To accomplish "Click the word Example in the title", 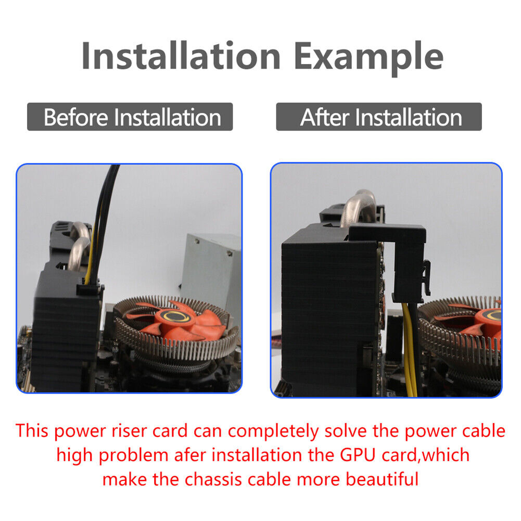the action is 369,57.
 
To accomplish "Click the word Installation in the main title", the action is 181,55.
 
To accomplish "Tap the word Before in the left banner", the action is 76,117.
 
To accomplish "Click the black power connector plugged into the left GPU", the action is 88,290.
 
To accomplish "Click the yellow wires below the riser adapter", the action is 410,349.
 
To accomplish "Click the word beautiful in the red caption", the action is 382,479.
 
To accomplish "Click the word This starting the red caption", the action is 32,430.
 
